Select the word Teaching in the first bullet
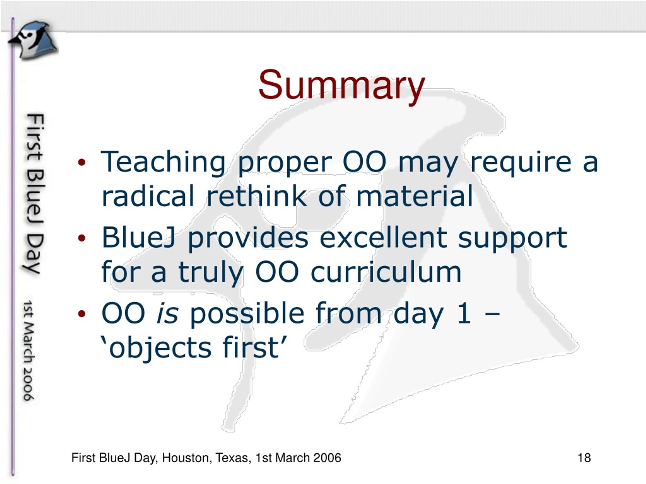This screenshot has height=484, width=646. coord(163,163)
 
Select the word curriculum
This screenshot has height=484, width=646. coord(386,272)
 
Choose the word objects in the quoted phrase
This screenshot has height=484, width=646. coord(160,348)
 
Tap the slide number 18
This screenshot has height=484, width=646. coord(584,458)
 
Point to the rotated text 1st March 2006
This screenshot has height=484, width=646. coord(29,350)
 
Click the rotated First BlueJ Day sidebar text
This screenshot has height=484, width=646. coord(34,194)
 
